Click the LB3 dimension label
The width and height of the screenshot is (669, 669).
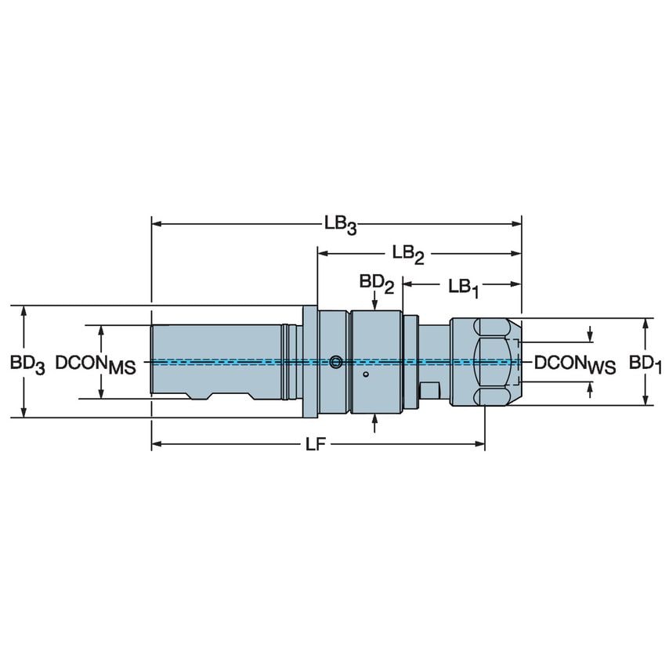coord(341,225)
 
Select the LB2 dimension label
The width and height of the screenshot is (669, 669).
coord(408,254)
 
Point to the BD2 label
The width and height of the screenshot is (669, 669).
coord(376,283)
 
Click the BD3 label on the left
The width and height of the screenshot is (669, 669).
coord(27,363)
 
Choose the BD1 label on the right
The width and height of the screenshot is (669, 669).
coord(647,363)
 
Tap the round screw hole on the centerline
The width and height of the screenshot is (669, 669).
coord(336,362)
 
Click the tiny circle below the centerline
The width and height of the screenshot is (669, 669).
coord(365,376)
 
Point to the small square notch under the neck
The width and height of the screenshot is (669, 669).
coord(429,390)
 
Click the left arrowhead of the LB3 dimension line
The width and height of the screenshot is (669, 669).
coord(156,224)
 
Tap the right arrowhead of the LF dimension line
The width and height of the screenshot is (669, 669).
coord(480,445)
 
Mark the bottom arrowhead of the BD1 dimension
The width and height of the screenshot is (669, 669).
coord(645,400)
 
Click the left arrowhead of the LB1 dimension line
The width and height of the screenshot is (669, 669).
coord(407,284)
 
